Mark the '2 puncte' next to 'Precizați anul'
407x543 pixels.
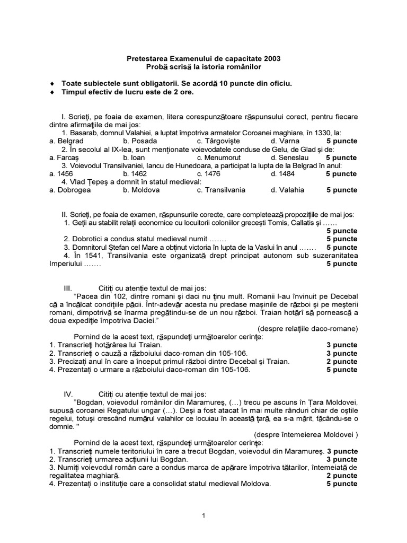(342, 361)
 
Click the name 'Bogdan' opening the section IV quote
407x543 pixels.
(89, 402)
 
